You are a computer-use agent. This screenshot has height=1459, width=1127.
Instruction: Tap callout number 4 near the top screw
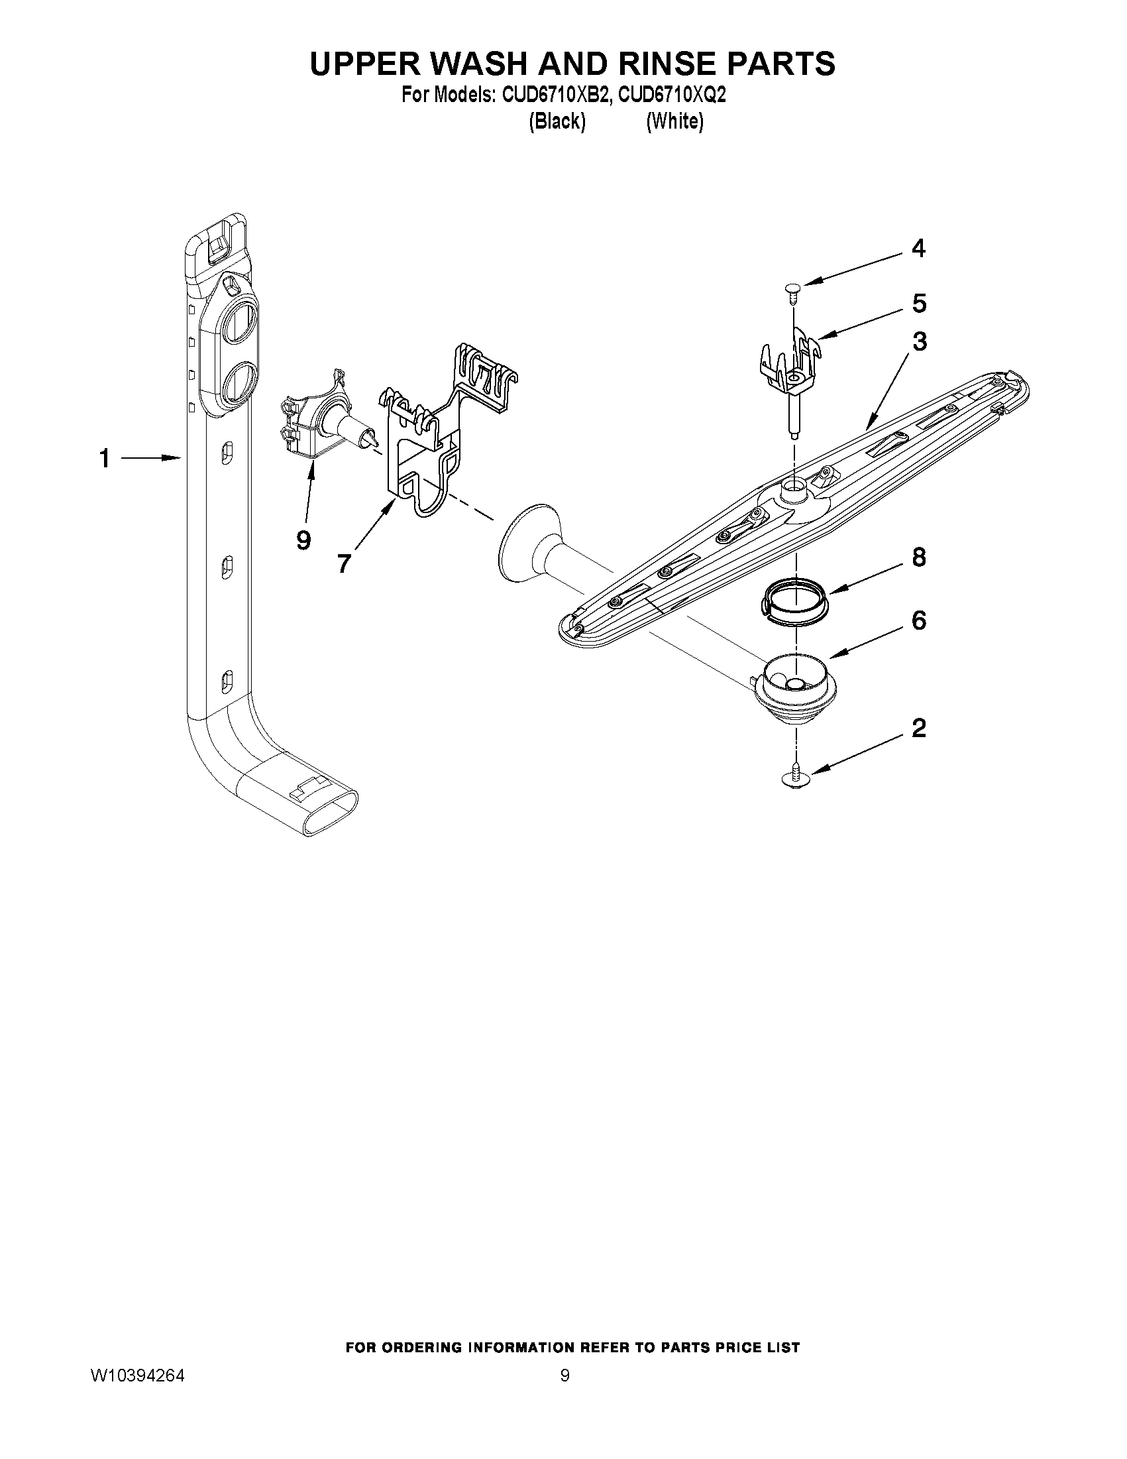pos(919,249)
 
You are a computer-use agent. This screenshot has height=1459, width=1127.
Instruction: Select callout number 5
pos(920,304)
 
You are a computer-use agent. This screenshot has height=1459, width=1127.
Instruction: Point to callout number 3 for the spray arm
pos(920,341)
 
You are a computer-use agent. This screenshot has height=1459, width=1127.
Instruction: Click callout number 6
pos(920,620)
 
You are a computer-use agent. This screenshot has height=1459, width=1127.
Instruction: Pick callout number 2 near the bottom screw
pos(920,728)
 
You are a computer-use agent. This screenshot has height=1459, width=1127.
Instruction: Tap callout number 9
pos(304,540)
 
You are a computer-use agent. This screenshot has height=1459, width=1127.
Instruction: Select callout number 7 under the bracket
pos(344,564)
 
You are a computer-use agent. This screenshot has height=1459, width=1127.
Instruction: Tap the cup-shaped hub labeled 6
pos(793,688)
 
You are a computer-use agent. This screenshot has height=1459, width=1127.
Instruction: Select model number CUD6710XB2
pos(555,96)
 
